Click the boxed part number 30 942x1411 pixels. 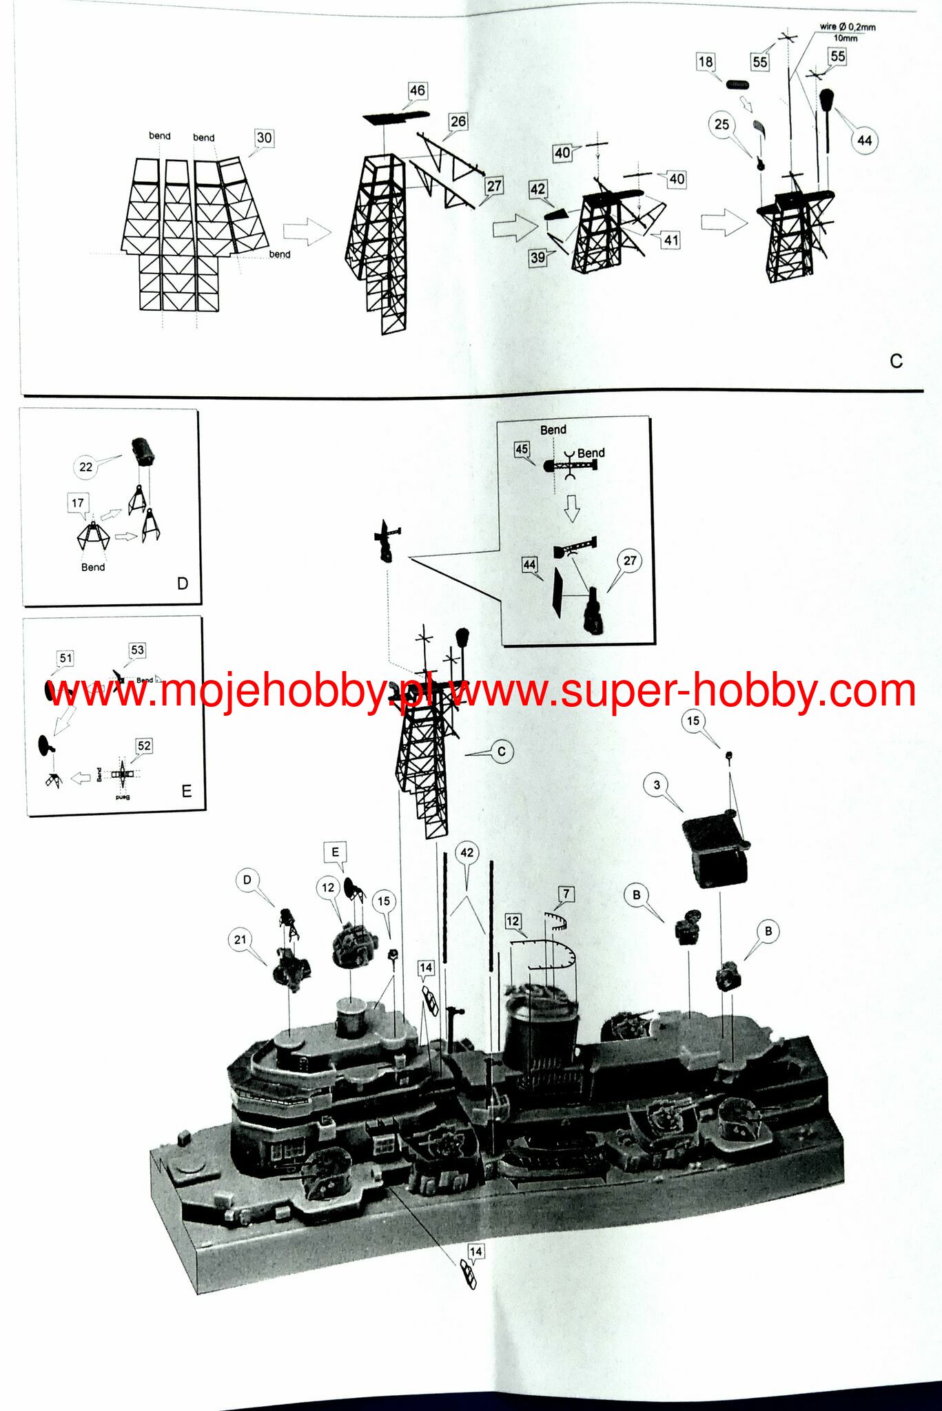264,138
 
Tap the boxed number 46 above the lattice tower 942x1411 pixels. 417,90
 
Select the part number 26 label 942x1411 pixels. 458,122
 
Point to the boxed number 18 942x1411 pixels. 706,62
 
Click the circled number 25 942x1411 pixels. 721,125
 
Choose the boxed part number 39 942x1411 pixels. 537,258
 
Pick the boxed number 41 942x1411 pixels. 671,240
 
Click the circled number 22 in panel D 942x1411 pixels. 85,467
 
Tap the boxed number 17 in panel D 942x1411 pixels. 77,504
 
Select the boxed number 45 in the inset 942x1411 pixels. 522,449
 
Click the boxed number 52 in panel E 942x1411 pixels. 143,745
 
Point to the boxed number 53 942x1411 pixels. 137,650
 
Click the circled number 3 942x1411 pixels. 656,785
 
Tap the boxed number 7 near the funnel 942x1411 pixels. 566,894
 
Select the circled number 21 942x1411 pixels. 240,940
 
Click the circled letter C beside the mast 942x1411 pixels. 502,752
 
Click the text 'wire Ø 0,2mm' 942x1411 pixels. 847,27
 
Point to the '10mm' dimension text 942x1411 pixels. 846,39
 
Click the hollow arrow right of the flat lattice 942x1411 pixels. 307,231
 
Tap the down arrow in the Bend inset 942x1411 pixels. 571,507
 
